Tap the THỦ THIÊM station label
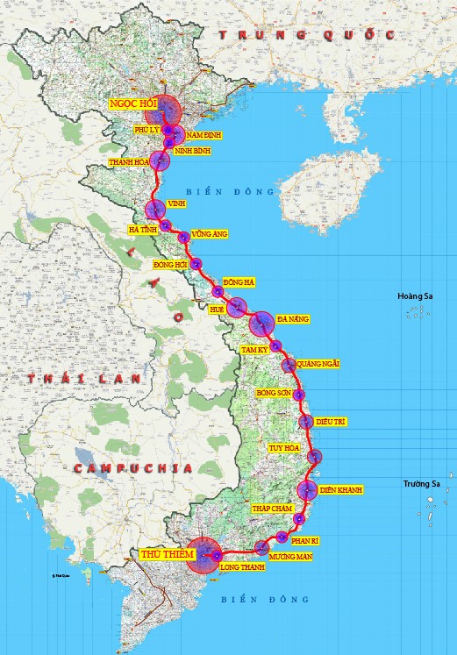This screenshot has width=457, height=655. tap(161, 554)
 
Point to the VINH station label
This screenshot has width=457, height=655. tap(175, 203)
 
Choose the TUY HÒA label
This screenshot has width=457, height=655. tap(284, 448)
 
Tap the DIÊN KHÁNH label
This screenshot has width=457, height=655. tap(341, 488)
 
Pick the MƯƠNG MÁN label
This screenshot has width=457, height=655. tap(290, 556)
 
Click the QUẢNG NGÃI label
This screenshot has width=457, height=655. tap(318, 363)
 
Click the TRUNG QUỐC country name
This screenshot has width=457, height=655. tap(306, 35)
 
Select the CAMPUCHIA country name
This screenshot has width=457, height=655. tap(132, 469)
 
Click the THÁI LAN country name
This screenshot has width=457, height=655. tap(68, 378)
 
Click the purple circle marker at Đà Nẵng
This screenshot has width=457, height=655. tap(261, 324)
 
